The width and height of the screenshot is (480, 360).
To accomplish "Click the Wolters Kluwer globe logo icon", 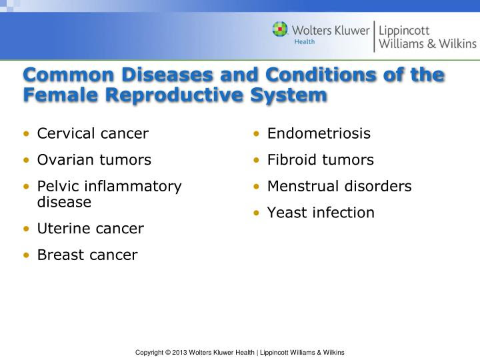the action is [280, 29].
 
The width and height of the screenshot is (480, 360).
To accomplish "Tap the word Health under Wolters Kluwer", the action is [304, 41].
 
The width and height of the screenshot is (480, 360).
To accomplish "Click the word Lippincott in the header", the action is [404, 31].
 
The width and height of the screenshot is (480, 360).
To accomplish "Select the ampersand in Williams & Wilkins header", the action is [431, 43].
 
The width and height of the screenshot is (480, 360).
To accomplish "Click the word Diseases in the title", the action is [167, 75].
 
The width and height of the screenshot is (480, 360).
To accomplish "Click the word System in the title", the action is [289, 95].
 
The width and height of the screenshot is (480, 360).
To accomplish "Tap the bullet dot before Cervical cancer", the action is [26, 134].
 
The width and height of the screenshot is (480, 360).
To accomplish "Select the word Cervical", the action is [66, 133].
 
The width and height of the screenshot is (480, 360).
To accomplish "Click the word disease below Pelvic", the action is [64, 202].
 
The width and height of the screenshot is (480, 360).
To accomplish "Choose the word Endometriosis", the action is [319, 133].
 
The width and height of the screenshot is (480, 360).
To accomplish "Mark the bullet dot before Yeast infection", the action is [257, 213].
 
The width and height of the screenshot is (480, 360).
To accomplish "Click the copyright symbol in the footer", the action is [167, 353].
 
